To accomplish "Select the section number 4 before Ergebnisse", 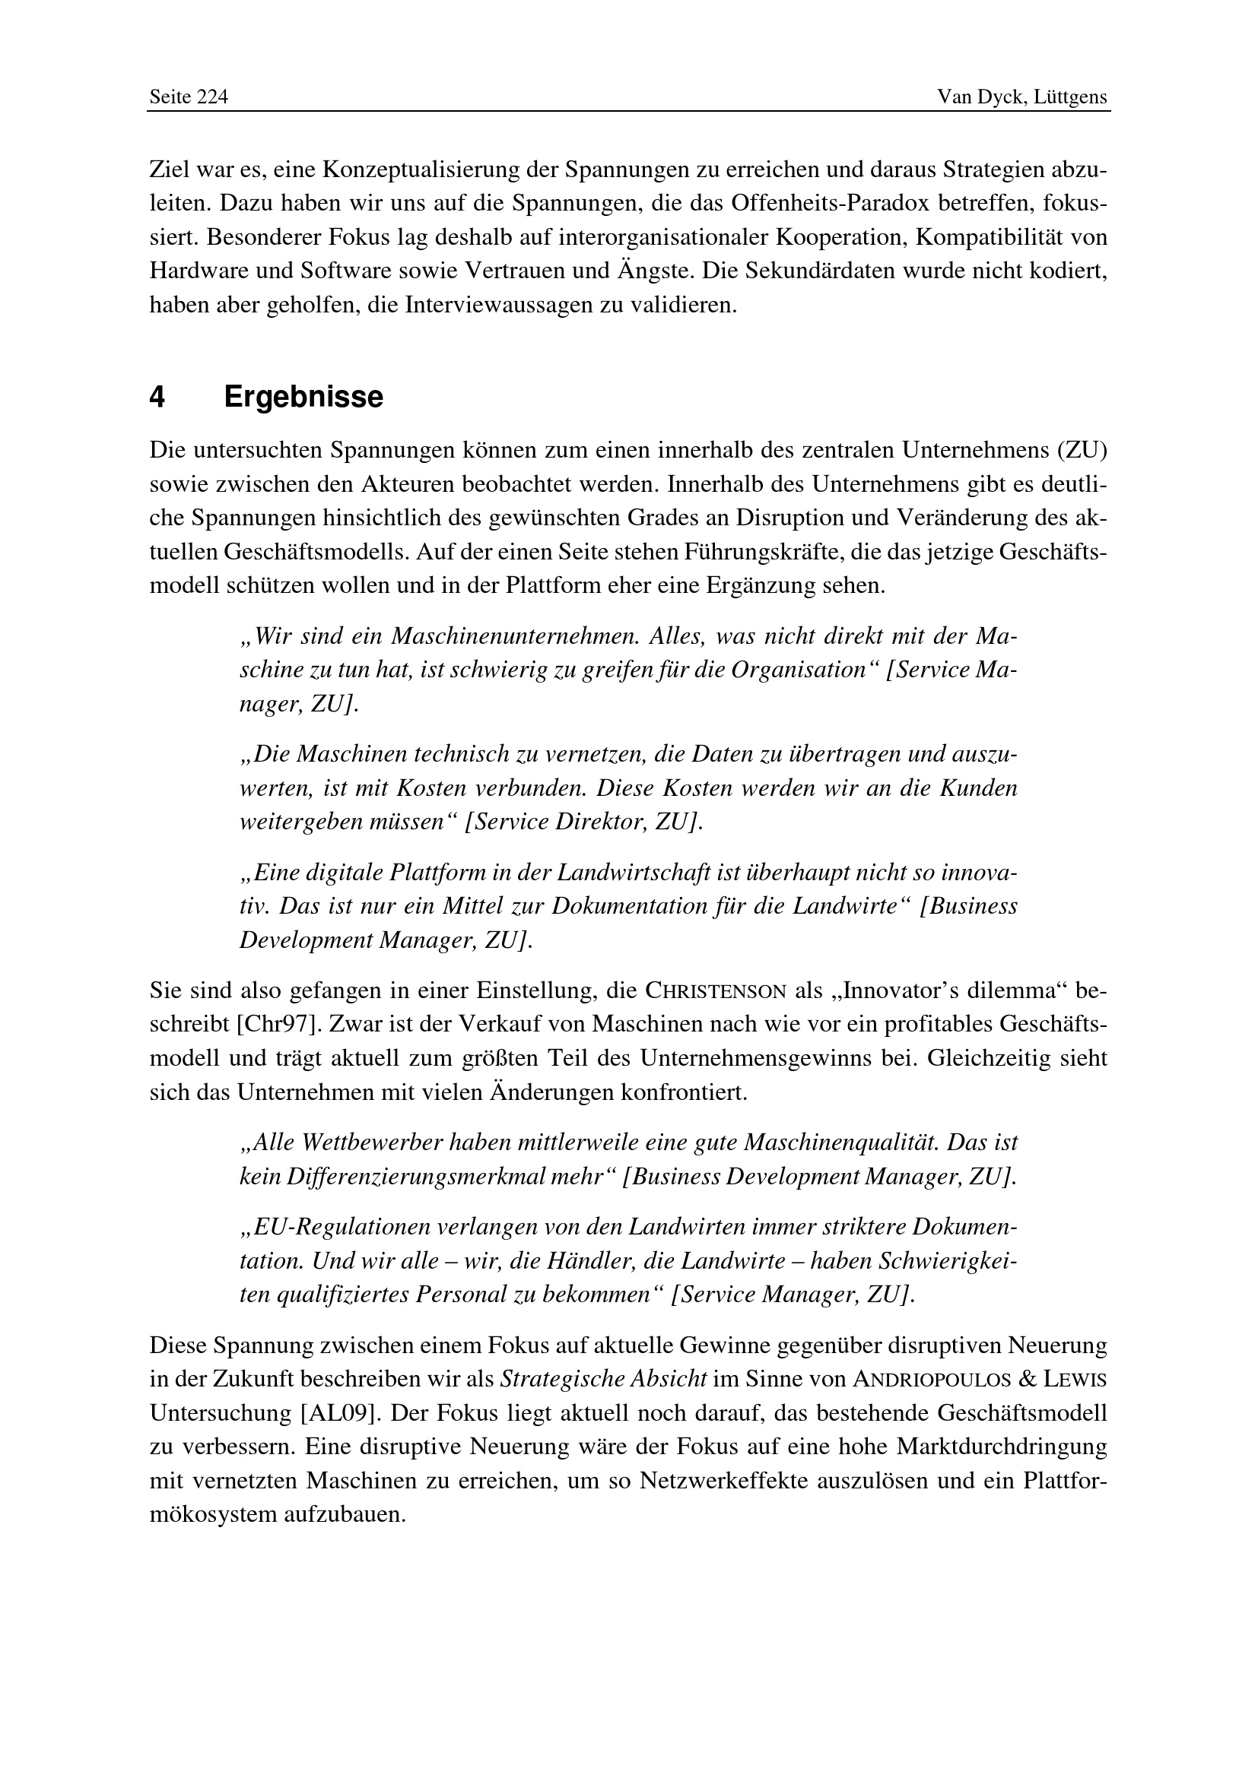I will click(x=157, y=398).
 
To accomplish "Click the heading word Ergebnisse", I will click(x=303, y=398).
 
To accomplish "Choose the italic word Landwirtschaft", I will click(x=626, y=873).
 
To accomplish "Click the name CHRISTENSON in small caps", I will click(x=716, y=991).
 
